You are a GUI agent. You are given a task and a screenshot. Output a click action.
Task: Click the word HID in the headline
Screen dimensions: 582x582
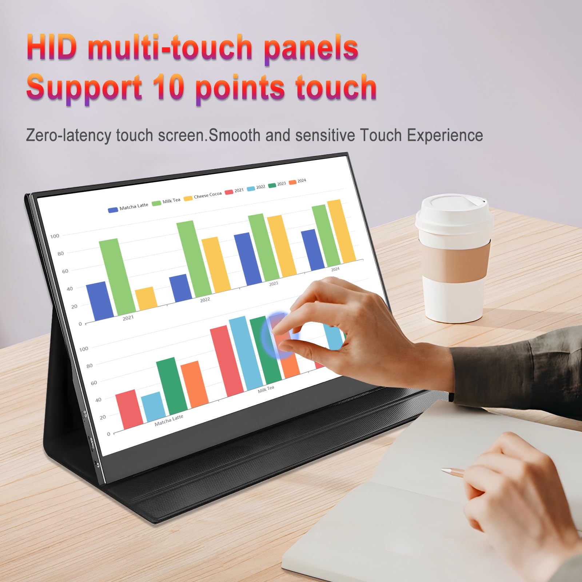pos(52,48)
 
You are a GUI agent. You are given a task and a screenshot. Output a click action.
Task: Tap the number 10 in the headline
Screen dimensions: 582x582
pos(168,88)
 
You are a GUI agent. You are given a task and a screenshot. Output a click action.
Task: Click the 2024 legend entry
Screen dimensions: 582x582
pos(298,181)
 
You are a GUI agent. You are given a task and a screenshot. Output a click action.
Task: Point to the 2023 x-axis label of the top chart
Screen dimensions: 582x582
pos(274,284)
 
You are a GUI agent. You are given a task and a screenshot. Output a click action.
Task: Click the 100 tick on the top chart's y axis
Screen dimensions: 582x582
pos(55,236)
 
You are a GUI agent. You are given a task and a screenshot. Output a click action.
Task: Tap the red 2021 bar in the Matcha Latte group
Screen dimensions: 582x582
pos(129,409)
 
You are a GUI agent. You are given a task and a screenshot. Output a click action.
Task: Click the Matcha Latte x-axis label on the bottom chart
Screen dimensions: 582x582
pos(169,420)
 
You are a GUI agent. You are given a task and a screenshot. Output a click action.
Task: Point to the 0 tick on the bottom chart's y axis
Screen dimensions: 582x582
pos(108,434)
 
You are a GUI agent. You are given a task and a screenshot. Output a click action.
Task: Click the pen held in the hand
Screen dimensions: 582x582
pos(453,472)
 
